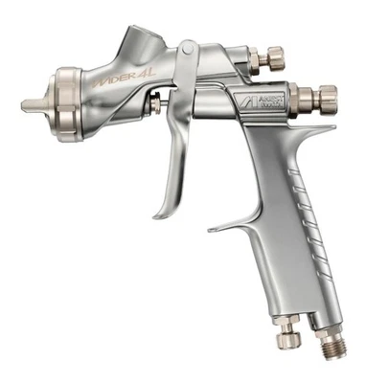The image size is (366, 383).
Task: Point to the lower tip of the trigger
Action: (159, 214)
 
